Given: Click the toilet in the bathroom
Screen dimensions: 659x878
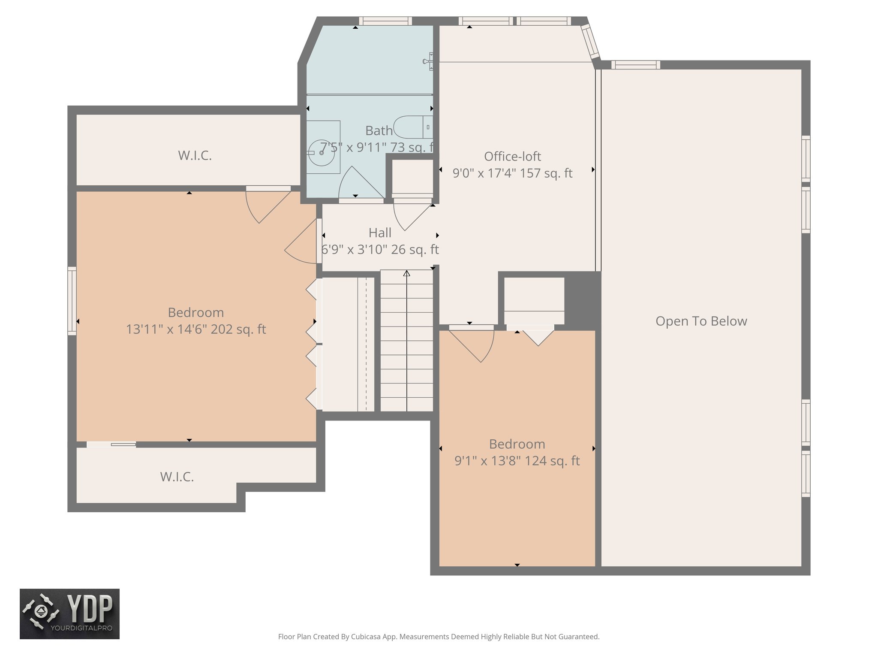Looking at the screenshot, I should (412, 127).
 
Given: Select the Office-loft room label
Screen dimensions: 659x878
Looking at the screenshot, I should (512, 157).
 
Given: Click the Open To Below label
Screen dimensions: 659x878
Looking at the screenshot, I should (701, 321).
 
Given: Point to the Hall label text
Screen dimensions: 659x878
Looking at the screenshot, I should (380, 233).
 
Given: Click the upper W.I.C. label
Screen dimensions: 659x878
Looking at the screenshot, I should (195, 156).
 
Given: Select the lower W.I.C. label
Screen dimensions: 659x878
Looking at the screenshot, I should (177, 477).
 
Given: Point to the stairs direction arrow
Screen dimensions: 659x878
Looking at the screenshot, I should (407, 273).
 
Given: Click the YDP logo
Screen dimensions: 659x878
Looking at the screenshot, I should (69, 614).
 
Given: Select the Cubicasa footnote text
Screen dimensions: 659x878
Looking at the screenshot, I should (439, 637).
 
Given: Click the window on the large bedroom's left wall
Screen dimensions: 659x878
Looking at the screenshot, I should (72, 301).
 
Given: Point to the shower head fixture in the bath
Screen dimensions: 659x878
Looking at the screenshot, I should (428, 62).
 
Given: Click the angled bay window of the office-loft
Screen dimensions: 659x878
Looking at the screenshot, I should (590, 42).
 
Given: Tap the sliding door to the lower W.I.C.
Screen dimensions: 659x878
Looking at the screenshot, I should (111, 444).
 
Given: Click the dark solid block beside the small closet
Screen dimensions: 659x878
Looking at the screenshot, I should (582, 300).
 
